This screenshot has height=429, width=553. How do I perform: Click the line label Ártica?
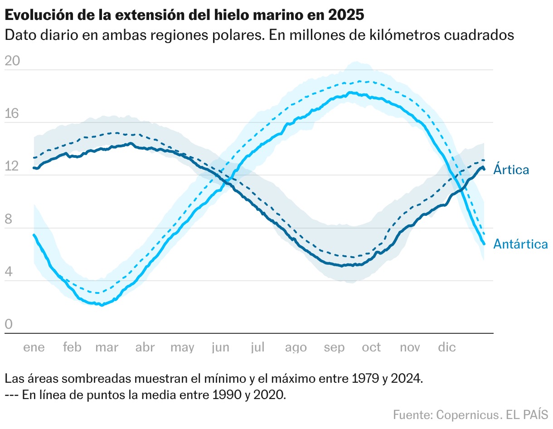(511, 170)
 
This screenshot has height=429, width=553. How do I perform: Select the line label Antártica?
(520, 244)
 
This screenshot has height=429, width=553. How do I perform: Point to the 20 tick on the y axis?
(12, 61)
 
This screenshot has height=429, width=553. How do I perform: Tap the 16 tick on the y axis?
(12, 114)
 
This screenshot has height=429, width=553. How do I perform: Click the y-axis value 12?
(12, 166)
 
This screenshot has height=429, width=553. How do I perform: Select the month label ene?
(34, 348)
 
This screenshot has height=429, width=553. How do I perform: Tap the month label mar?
(107, 348)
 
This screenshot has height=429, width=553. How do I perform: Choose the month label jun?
(220, 348)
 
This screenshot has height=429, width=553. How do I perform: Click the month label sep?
(334, 348)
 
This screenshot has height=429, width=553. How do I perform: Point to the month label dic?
(447, 348)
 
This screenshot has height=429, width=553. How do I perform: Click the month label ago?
(296, 348)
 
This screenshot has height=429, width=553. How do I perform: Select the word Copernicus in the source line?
(466, 414)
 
